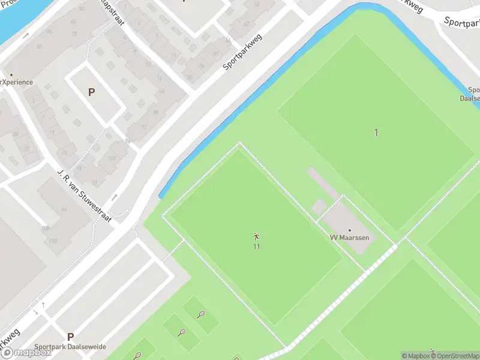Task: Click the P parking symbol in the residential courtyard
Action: click(x=91, y=92)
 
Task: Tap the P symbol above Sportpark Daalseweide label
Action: click(x=70, y=337)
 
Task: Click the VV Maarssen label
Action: click(x=350, y=238)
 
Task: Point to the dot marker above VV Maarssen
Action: click(x=350, y=230)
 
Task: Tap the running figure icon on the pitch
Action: click(x=257, y=236)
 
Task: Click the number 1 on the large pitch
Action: click(x=376, y=133)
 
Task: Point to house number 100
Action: click(x=111, y=158)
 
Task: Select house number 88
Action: click(x=155, y=112)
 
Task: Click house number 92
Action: click(x=143, y=127)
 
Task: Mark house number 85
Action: click(x=40, y=46)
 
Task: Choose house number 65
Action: click(x=73, y=22)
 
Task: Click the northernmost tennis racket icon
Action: click(x=200, y=314)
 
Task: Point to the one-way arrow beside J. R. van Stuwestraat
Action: click(x=114, y=197)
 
